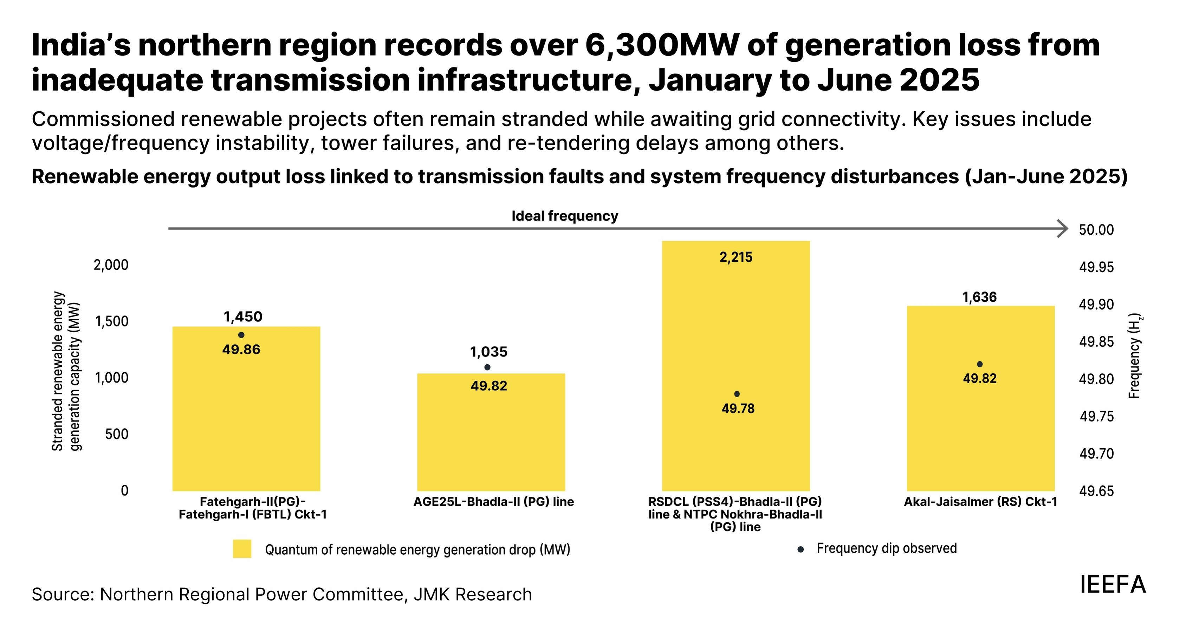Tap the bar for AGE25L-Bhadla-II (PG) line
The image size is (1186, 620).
click(x=491, y=437)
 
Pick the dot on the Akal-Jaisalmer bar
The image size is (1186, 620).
click(x=980, y=364)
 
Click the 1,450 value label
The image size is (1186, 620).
click(x=242, y=316)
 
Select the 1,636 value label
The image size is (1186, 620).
click(x=979, y=297)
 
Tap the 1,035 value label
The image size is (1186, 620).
click(x=488, y=352)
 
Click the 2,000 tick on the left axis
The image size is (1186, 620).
click(x=111, y=265)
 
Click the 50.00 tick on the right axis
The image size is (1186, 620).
click(x=1096, y=229)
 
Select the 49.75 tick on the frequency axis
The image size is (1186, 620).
click(x=1096, y=416)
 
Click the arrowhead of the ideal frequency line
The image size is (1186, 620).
click(x=1063, y=228)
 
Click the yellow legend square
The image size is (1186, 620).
click(x=242, y=549)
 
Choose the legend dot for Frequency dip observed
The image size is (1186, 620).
click(x=801, y=549)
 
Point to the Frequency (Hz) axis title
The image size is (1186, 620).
click(x=1134, y=355)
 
